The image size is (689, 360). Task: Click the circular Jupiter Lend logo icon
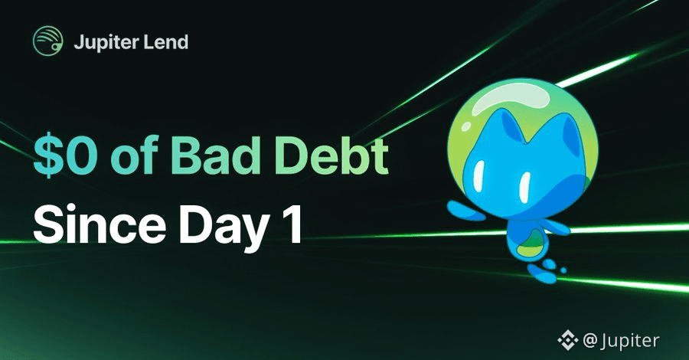point(48,41)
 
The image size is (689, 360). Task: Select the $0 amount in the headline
point(65,156)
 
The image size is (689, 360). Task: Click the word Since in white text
point(100,225)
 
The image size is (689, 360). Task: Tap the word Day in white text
point(222,227)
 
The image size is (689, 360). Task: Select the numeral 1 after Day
point(293,226)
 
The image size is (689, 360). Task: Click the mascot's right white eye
point(524,187)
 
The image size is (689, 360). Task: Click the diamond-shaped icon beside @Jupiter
point(568,340)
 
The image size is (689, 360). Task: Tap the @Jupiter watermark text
point(621,341)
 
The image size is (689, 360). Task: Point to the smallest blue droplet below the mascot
point(563,270)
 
